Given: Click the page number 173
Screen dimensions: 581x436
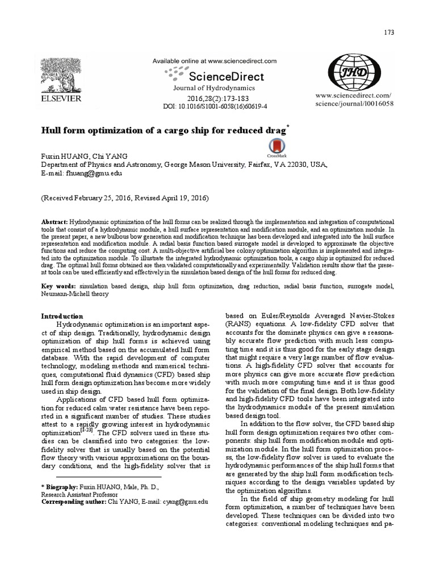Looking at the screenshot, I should click(x=389, y=33).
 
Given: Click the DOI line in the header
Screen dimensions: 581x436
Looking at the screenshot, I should click(x=223, y=106).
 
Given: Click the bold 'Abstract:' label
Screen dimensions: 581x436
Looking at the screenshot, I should click(x=54, y=221).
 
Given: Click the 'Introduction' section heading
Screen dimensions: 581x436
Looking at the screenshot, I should click(x=62, y=316).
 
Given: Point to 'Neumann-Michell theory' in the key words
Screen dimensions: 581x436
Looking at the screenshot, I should click(x=76, y=294).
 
